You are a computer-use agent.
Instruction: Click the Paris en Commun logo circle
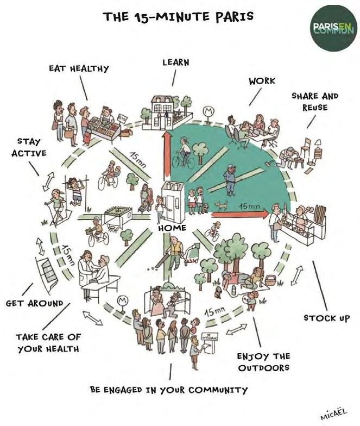(332, 31)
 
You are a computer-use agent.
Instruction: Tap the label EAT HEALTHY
(79, 68)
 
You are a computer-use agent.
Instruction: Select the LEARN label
(175, 62)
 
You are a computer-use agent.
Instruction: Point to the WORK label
(262, 80)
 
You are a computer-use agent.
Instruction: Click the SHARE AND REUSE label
(315, 101)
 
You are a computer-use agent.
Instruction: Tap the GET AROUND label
(35, 303)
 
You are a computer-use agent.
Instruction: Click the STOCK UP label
(327, 317)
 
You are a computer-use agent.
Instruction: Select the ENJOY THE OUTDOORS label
(264, 362)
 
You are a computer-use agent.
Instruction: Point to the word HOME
(172, 229)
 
